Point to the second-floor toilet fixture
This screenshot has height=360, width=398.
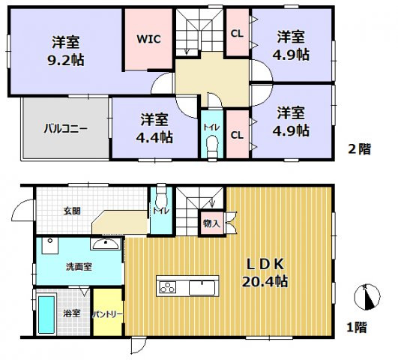[211, 144]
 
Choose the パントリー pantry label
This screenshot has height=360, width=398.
[108, 315]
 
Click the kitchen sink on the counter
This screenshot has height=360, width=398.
[202, 287]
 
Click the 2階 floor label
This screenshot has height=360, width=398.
[359, 149]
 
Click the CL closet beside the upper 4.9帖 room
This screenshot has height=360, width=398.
[237, 33]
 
